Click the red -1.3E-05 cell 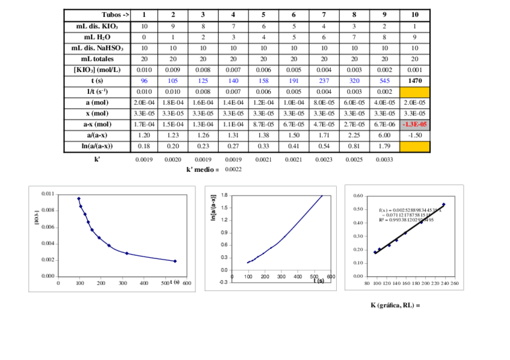click(414, 124)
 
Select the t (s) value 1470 click(414, 81)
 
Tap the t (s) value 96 click(144, 81)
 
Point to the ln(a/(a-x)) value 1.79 click(384, 145)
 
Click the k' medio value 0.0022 click(233, 170)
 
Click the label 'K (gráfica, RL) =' click(395, 305)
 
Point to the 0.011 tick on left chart click(47, 194)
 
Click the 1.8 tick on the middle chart click(224, 195)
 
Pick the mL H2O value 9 click(414, 37)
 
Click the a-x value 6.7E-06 click(384, 124)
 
